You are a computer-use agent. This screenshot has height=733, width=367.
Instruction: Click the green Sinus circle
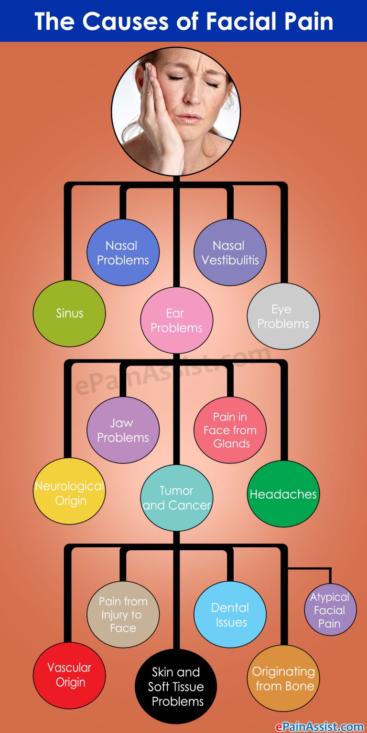click(x=69, y=314)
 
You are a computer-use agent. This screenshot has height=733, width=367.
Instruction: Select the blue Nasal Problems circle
click(x=123, y=253)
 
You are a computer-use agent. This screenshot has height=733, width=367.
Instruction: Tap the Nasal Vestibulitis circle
click(x=230, y=253)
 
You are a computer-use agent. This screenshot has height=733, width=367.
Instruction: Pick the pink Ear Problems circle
click(x=176, y=320)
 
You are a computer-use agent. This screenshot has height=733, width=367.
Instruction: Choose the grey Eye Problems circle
click(x=283, y=316)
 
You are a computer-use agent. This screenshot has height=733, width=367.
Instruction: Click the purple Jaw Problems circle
click(x=123, y=430)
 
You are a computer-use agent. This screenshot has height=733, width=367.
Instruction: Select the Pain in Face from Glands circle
click(x=230, y=430)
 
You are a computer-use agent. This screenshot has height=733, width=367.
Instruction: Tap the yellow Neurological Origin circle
click(x=69, y=493)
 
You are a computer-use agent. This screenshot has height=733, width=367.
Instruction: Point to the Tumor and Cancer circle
click(x=176, y=498)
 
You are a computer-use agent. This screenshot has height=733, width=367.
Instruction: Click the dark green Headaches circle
click(x=283, y=494)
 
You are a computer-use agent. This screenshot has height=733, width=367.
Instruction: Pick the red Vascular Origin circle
click(x=69, y=675)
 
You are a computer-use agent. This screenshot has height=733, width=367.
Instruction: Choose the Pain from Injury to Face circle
click(x=123, y=615)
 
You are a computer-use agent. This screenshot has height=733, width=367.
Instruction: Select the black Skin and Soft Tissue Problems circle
click(x=176, y=687)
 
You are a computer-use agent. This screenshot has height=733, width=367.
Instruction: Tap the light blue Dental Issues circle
click(x=230, y=615)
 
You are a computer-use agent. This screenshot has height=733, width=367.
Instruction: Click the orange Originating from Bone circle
click(x=283, y=679)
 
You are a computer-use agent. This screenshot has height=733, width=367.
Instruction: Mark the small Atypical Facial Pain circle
click(x=330, y=610)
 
